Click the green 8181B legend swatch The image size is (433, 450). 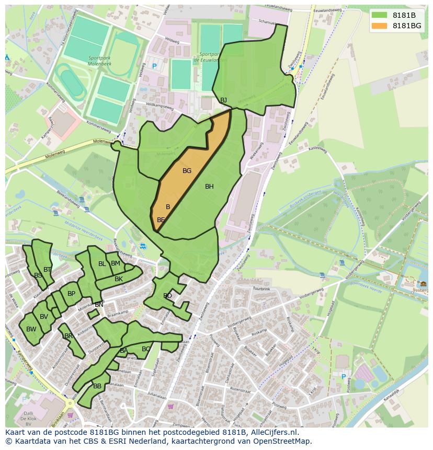(x=379, y=15)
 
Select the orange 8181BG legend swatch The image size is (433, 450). (x=379, y=26)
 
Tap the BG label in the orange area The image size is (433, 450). (x=187, y=171)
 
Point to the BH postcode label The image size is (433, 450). (x=209, y=187)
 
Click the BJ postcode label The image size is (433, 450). (x=224, y=100)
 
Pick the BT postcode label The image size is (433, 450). (x=48, y=270)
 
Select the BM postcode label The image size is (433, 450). (x=116, y=263)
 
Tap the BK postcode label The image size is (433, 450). (x=119, y=279)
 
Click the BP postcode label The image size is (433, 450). (x=72, y=294)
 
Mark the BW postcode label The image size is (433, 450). (x=31, y=329)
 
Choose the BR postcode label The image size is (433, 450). (x=69, y=336)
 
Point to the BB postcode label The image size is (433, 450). (x=97, y=386)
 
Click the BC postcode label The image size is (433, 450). (x=146, y=349)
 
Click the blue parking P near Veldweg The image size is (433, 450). (x=154, y=66)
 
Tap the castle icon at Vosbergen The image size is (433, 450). (x=423, y=284)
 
